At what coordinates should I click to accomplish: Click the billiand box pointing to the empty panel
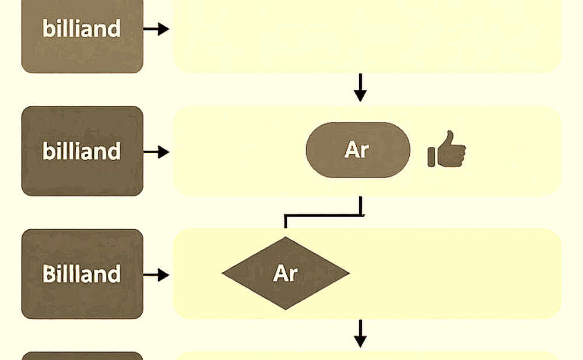point(82,36)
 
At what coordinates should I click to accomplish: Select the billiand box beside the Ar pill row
point(82,151)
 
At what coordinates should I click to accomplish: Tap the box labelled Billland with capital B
point(82,274)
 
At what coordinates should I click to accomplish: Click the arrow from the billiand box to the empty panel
point(156,29)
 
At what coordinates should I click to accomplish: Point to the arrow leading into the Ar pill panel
point(156,152)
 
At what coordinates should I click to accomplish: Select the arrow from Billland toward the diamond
point(156,275)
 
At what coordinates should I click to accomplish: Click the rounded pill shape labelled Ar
point(358,150)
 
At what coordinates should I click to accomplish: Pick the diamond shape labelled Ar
point(286,273)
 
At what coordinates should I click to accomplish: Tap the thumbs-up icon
point(447,149)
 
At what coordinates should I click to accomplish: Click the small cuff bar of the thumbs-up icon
point(431,157)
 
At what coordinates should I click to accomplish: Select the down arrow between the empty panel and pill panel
point(360,88)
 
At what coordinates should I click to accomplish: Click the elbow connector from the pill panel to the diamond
point(323,215)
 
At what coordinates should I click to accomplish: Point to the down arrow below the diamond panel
point(360,334)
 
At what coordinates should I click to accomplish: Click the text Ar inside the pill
point(357,150)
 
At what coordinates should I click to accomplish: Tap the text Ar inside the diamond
point(285,273)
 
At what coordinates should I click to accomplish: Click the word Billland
point(82,274)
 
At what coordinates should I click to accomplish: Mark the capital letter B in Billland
point(48,274)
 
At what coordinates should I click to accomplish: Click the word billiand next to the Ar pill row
point(82,151)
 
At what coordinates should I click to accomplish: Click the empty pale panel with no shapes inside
point(367,36)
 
